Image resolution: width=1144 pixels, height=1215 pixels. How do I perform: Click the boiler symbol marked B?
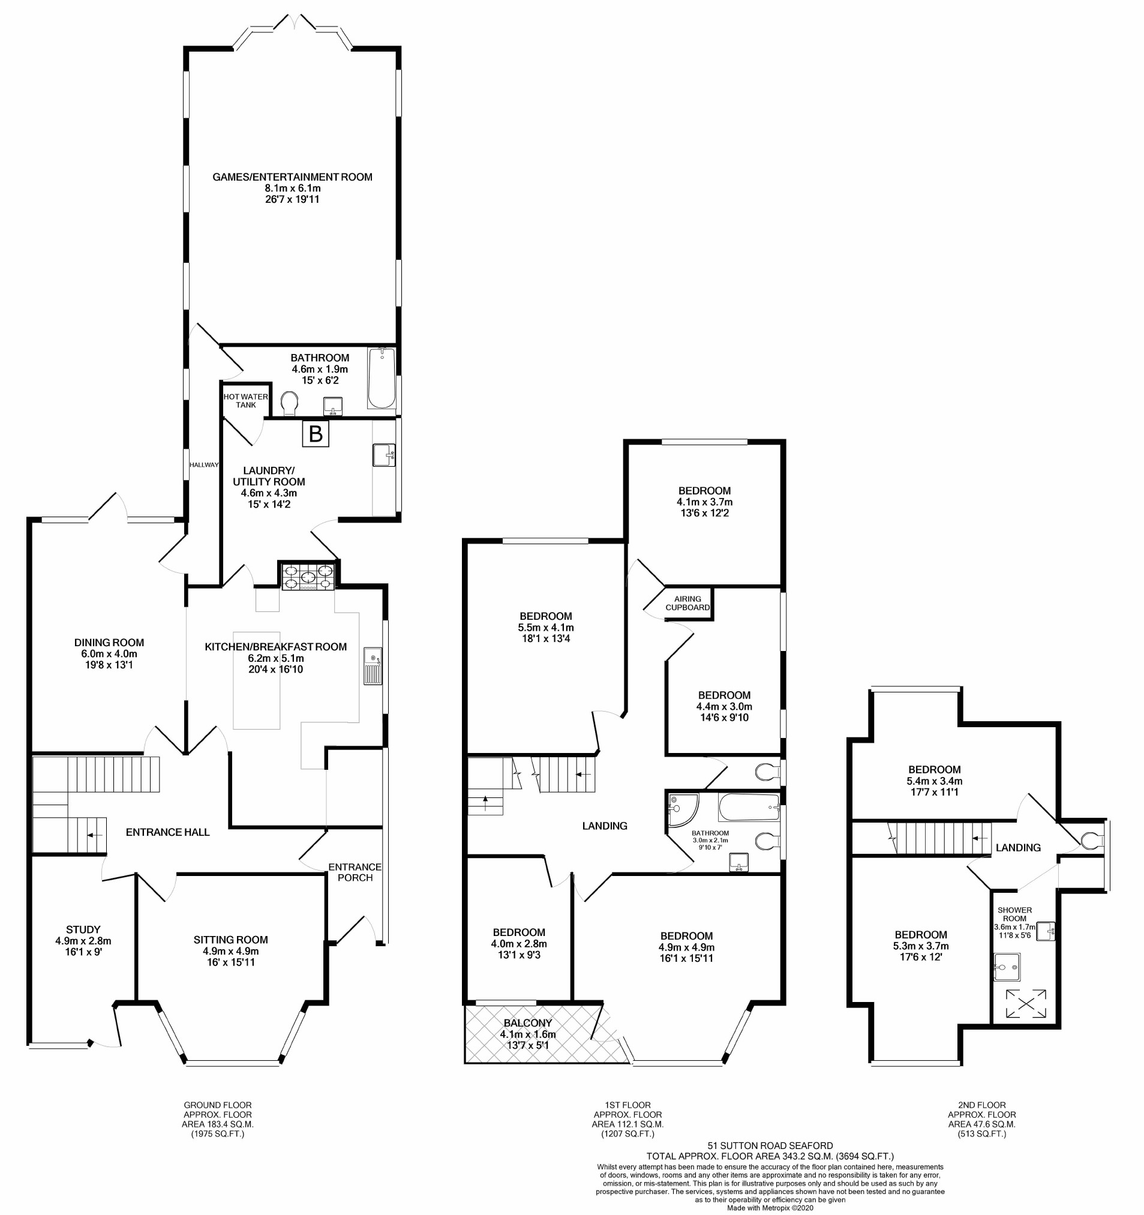(x=316, y=434)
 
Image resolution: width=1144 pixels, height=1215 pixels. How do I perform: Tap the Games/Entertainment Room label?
(x=292, y=177)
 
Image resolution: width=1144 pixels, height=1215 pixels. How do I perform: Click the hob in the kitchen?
(x=308, y=577)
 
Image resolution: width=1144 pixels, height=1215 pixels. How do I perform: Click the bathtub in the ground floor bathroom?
(x=382, y=378)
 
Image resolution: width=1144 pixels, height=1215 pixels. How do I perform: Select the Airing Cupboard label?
(x=687, y=603)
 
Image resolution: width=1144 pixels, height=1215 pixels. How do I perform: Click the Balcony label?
(x=527, y=1023)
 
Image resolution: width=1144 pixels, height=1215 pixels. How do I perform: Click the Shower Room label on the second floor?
(x=1014, y=914)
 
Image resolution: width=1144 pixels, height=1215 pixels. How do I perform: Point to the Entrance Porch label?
(x=355, y=872)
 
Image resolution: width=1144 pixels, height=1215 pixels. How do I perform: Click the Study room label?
(x=83, y=929)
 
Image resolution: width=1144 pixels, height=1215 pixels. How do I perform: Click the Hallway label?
(x=203, y=464)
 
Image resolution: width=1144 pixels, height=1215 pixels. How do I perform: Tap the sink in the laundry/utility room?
(x=384, y=455)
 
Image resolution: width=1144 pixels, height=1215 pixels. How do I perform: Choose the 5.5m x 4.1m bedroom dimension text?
(x=546, y=627)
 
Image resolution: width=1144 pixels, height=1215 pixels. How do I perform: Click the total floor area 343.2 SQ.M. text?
(x=770, y=1156)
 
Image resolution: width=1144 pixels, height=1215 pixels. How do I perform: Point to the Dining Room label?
(x=109, y=643)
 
